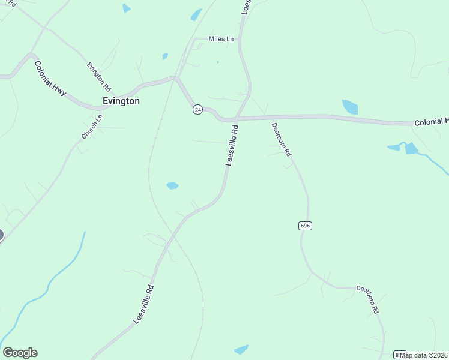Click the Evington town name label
pyautogui.click(x=121, y=101)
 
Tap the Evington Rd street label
pyautogui.click(x=98, y=76)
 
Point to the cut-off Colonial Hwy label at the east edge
pyautogui.click(x=431, y=122)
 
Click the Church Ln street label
pyautogui.click(x=92, y=127)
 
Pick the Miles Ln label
pyautogui.click(x=220, y=39)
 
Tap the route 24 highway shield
pyautogui.click(x=197, y=109)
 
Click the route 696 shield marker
pyautogui.click(x=305, y=226)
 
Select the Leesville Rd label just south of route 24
pyautogui.click(x=232, y=145)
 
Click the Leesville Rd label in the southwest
pyautogui.click(x=144, y=304)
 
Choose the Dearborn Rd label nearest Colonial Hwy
pyautogui.click(x=281, y=140)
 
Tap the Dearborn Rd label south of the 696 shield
pyautogui.click(x=368, y=299)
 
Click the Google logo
pyautogui.click(x=20, y=353)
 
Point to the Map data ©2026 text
pyautogui.click(x=424, y=355)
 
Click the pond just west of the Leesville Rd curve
pyautogui.click(x=172, y=186)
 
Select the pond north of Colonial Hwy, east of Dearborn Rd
pyautogui.click(x=350, y=107)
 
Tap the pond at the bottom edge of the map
pyautogui.click(x=241, y=349)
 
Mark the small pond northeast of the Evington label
pyautogui.click(x=165, y=56)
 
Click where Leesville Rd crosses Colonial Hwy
pyautogui.click(x=237, y=118)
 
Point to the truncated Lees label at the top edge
pyautogui.click(x=246, y=7)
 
